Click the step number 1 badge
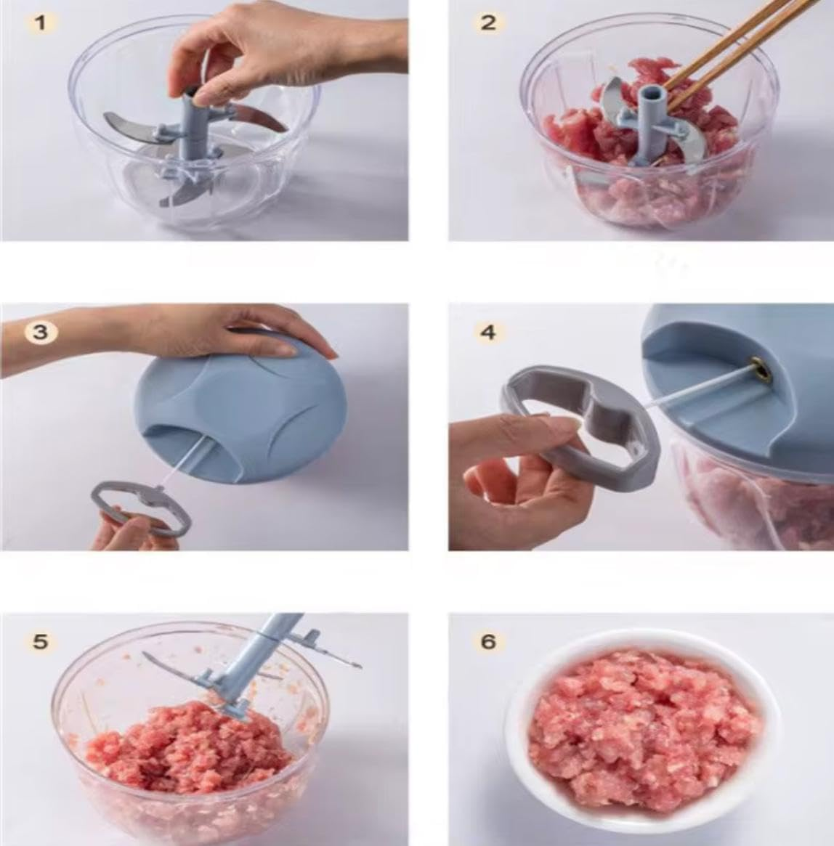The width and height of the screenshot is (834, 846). point(41,22)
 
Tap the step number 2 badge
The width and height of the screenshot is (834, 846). point(488,22)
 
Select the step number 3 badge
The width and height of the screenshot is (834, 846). point(41,332)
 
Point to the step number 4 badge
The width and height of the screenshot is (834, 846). point(488,332)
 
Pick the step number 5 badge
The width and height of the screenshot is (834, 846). point(41,641)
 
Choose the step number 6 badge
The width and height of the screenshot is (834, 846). point(488,641)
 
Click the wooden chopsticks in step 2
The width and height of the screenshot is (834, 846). point(734,51)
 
